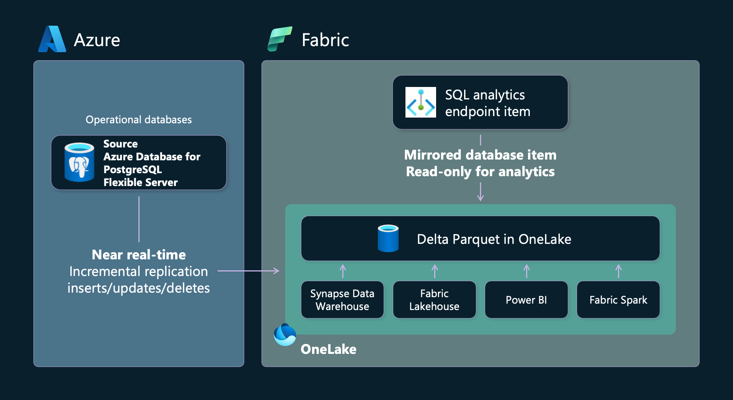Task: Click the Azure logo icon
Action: coord(52,39)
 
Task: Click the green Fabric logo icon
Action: coord(280,39)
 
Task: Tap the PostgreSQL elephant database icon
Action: coord(79,163)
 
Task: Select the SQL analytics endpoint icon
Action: coord(421,102)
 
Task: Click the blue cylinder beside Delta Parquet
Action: coord(388,238)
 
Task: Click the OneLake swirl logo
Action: coord(285,335)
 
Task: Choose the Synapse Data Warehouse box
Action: coord(342,300)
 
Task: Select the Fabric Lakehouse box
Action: coord(434,300)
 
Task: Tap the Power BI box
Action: coord(526,300)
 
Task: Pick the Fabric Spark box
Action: coord(618,300)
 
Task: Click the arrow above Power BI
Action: coord(526,271)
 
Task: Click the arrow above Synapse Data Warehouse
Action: coord(343,271)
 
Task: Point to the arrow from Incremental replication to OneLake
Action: coord(249,271)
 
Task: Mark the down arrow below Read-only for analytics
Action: coord(480,192)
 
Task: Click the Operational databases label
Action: coord(138,120)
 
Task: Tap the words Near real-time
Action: coord(138,255)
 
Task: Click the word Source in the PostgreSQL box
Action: coord(120,144)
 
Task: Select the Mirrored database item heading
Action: coord(480,155)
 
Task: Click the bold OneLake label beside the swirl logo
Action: coord(328,349)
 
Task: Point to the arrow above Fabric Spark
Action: coord(618,271)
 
